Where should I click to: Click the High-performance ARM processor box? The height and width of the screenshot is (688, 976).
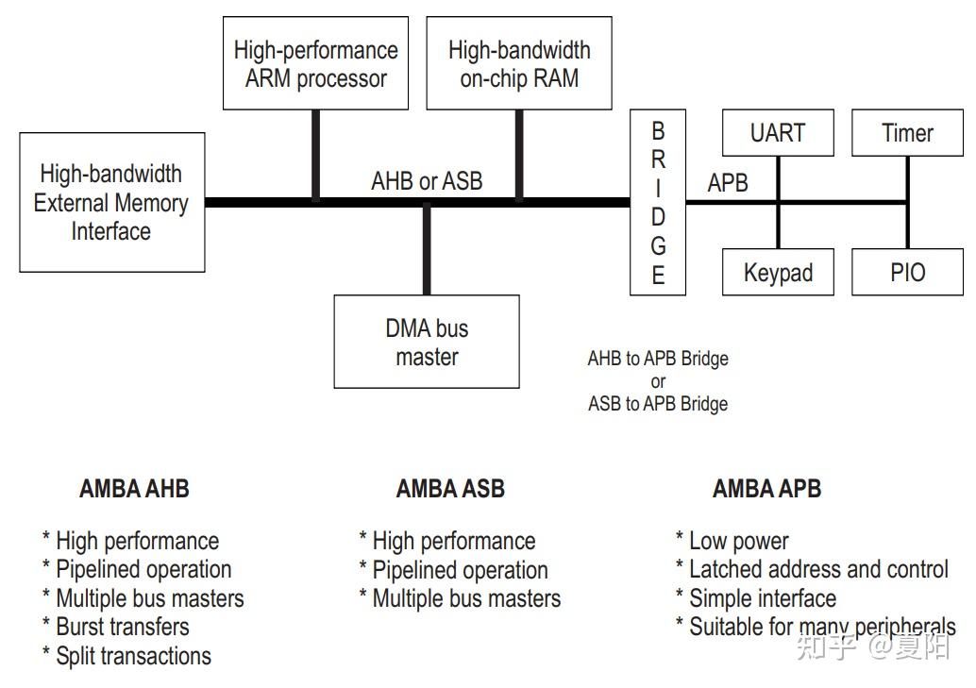click(x=315, y=64)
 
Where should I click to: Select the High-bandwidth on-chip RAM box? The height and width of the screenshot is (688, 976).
click(x=519, y=64)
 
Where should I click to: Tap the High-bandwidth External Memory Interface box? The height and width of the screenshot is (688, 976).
click(x=112, y=203)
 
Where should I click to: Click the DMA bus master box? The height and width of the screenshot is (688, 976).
click(x=427, y=342)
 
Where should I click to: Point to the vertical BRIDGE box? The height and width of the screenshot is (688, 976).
click(x=658, y=202)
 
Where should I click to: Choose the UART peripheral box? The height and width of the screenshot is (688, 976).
click(x=778, y=133)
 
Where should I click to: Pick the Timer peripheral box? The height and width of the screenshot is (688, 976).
click(x=907, y=133)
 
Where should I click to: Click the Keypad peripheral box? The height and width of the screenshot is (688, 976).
click(x=778, y=273)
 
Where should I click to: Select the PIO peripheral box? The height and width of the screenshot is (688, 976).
click(x=907, y=273)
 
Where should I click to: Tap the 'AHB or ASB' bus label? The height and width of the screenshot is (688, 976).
click(x=427, y=181)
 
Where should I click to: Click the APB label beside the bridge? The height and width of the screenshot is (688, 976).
click(x=728, y=182)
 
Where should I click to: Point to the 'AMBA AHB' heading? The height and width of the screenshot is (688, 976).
click(x=134, y=489)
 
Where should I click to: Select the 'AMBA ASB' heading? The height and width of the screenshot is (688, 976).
click(x=450, y=489)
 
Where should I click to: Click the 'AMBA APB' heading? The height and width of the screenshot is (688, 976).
click(x=766, y=489)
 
